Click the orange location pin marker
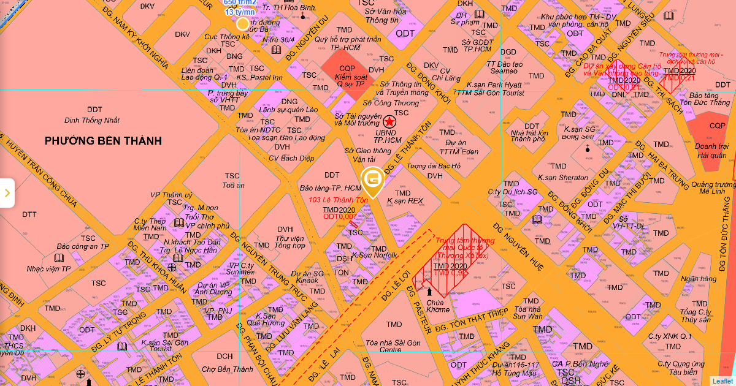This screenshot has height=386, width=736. [x=372, y=180]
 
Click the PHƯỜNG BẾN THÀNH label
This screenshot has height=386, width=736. [x=103, y=141]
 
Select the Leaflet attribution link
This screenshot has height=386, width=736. [x=722, y=380]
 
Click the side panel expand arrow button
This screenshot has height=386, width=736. [x=7, y=193]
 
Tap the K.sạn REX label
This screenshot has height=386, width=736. [x=405, y=200]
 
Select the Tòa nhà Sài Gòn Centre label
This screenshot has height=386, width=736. [x=393, y=346]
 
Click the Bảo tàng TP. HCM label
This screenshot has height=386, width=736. [x=331, y=187]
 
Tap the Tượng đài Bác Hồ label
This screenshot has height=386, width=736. [x=433, y=166]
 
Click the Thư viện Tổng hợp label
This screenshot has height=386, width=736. [x=290, y=241]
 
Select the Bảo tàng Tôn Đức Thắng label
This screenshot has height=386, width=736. [x=710, y=99]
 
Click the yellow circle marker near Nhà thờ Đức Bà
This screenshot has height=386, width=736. [x=243, y=24]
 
